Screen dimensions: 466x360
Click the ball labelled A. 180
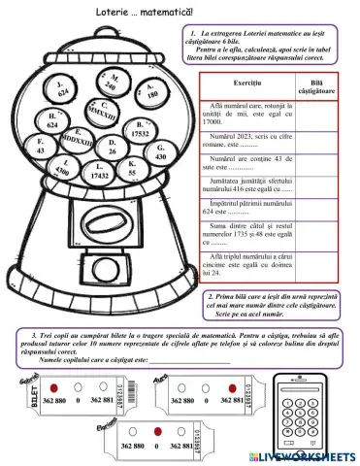click(x=150, y=93)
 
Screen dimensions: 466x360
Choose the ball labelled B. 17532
click(x=140, y=129)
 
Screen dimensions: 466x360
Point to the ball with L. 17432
click(x=99, y=175)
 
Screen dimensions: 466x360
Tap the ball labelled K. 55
click(x=131, y=169)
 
